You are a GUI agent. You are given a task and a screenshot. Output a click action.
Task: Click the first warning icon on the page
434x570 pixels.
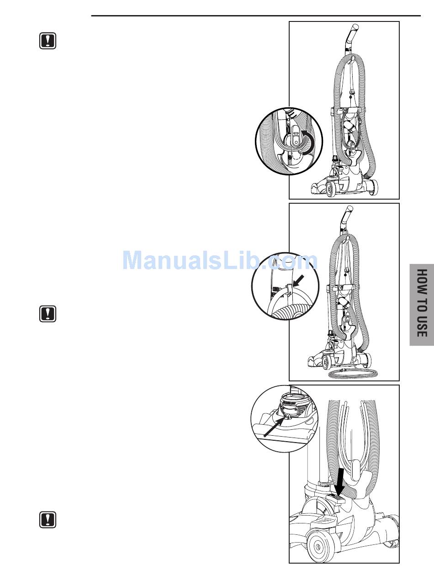48,41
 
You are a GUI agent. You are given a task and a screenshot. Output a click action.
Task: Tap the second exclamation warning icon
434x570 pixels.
48,314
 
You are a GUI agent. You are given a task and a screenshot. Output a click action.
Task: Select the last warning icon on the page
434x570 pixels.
48,520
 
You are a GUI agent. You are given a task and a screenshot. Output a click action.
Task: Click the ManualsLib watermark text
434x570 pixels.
219,261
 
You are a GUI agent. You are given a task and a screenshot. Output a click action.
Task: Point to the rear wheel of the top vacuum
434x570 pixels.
371,186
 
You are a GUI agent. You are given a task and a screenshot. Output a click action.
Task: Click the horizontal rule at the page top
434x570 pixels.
256,16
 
